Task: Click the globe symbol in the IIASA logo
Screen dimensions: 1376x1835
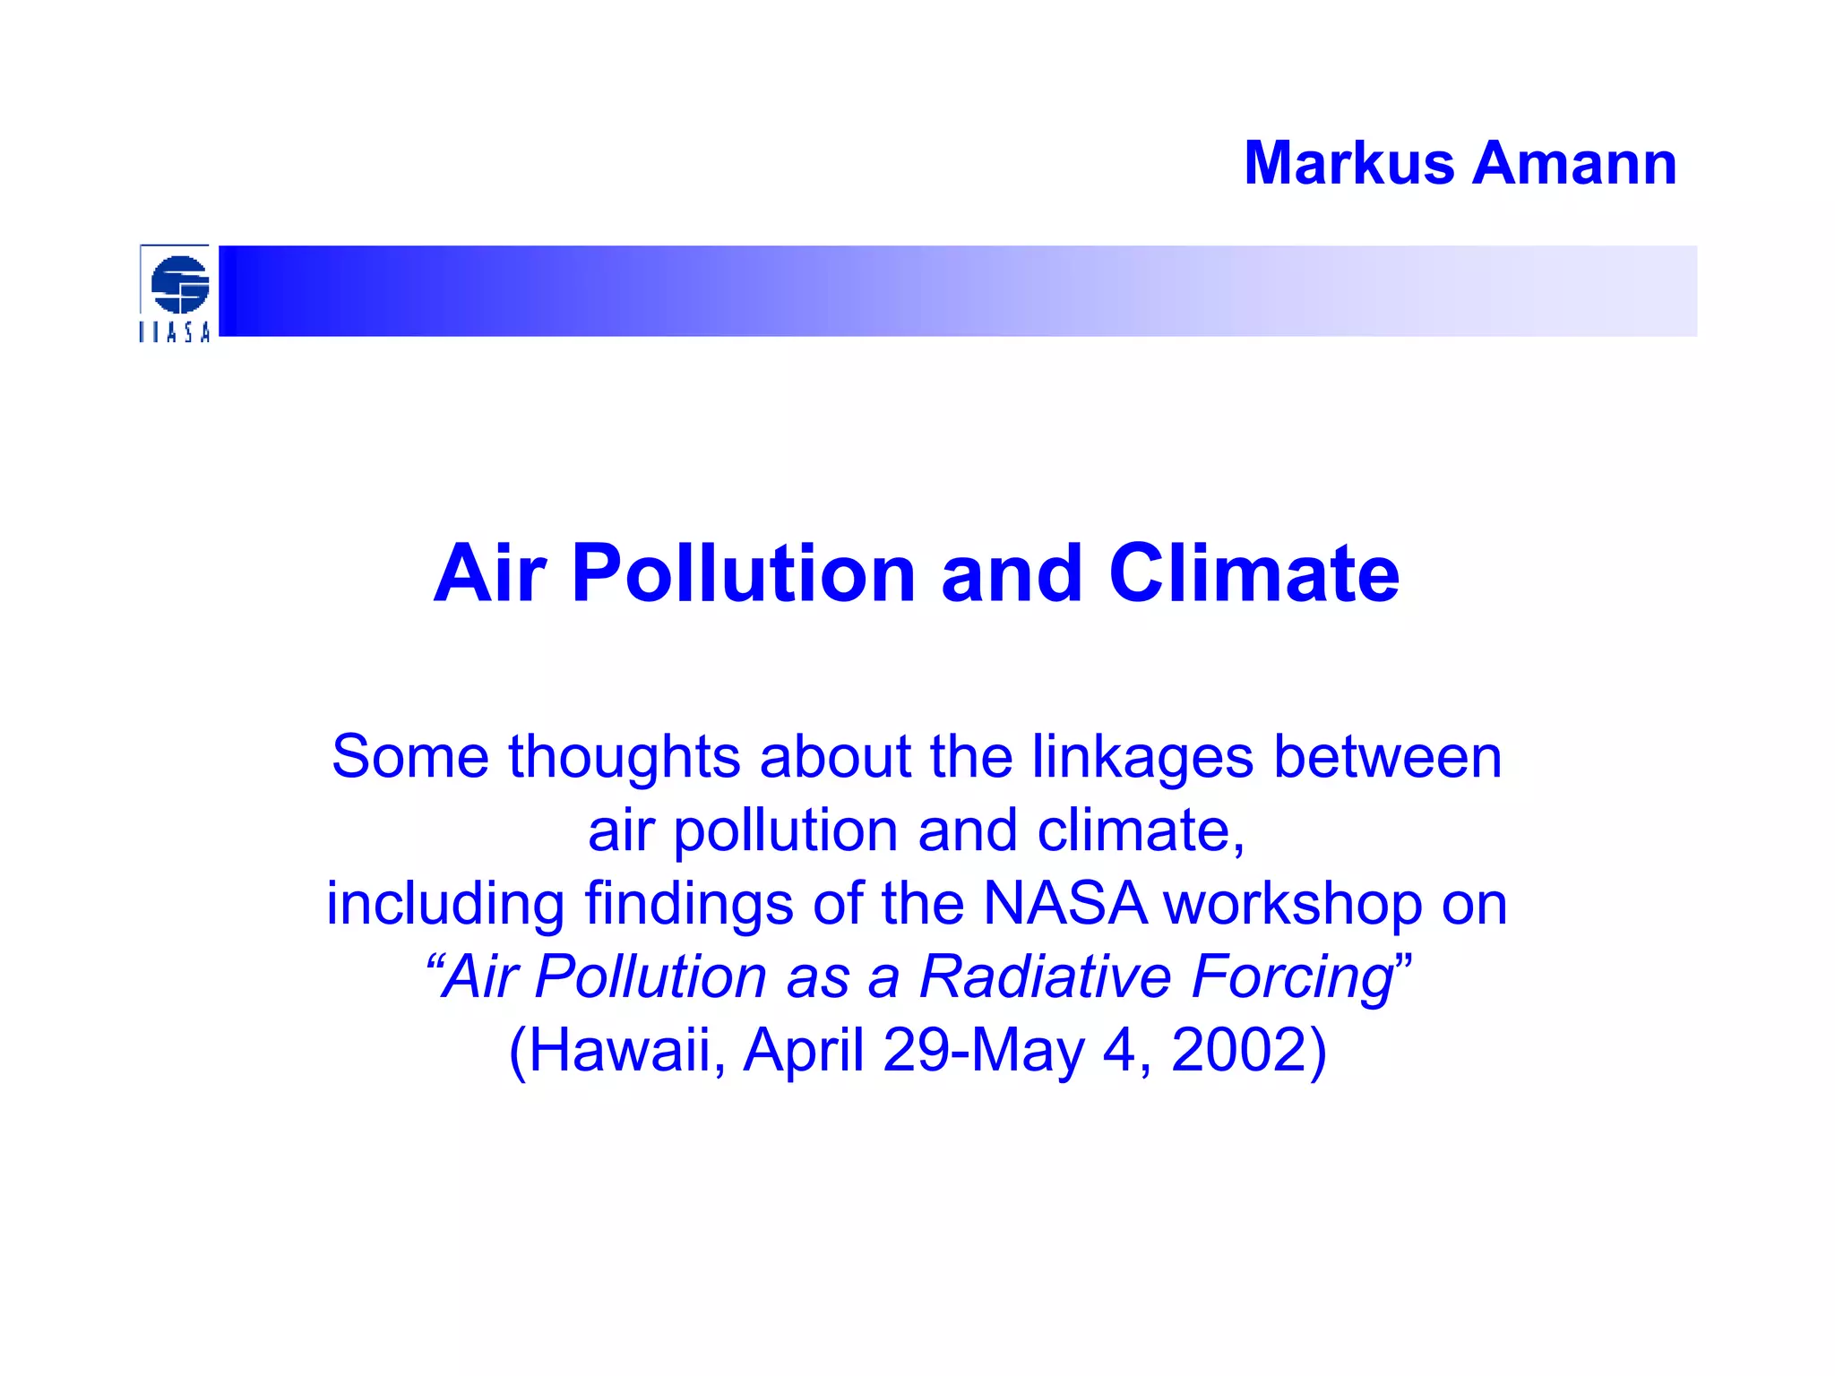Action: tap(179, 284)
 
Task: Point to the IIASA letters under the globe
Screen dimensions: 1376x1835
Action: tap(175, 332)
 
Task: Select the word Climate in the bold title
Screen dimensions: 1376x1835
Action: tap(1253, 573)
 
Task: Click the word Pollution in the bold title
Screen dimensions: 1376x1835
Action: tap(744, 573)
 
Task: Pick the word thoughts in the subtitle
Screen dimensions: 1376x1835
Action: tap(624, 757)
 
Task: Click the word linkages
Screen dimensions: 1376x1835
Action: tap(1141, 757)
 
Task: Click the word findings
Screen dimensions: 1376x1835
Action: tap(689, 904)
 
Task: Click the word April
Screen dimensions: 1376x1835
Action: tap(804, 1050)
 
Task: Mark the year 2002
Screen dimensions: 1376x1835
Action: tap(1240, 1050)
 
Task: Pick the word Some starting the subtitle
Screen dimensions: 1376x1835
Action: tap(409, 757)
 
